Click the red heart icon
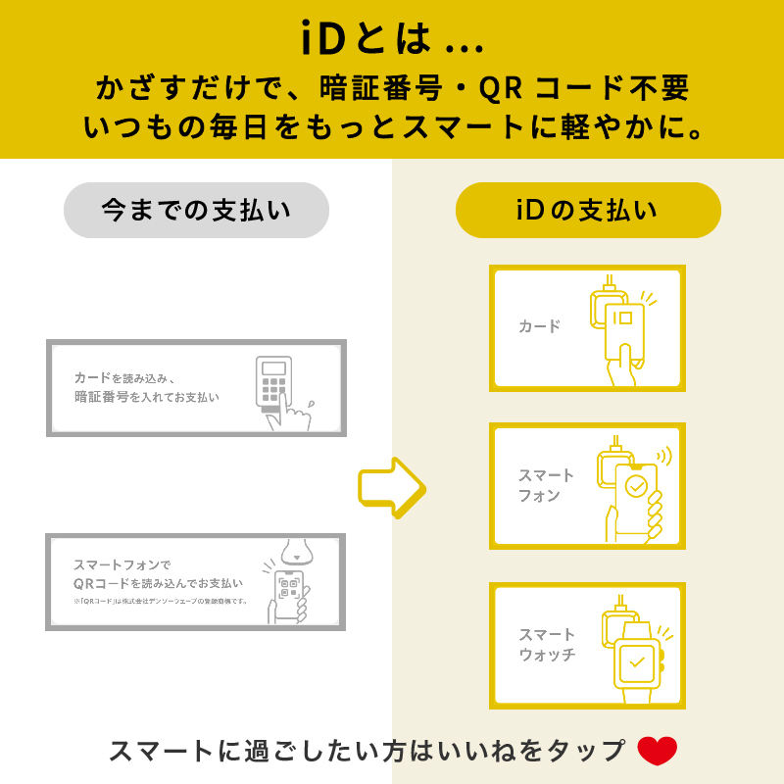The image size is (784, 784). pos(658,751)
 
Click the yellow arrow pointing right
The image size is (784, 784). pos(391,487)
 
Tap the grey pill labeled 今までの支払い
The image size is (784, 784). pos(196,211)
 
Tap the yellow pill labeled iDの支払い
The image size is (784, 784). pos(588,211)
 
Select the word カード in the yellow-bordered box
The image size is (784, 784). pos(539,326)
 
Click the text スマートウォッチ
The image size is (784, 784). pos(547,644)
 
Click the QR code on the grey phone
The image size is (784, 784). pos(288,587)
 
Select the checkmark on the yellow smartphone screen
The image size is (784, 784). pos(636,486)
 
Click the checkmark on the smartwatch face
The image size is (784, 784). pos(638,661)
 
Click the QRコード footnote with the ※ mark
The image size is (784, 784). pos(161,601)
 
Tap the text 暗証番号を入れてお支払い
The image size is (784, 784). pos(147,398)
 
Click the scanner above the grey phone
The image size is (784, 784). pos(297,551)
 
